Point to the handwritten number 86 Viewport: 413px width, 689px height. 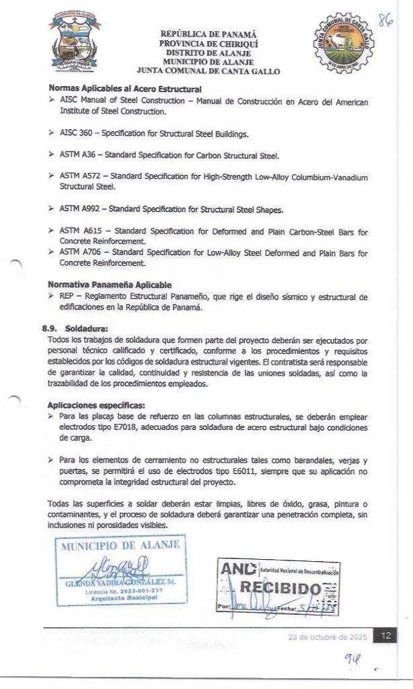point(385,21)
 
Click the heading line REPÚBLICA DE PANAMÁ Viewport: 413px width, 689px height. point(208,34)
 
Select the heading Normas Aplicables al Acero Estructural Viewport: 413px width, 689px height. point(125,89)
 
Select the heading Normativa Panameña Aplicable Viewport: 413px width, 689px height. point(109,285)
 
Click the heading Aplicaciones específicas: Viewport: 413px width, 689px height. point(96,406)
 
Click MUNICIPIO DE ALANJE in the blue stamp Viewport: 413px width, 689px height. point(121,546)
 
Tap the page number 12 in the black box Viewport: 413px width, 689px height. point(385,636)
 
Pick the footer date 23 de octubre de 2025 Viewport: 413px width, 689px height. point(327,637)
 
